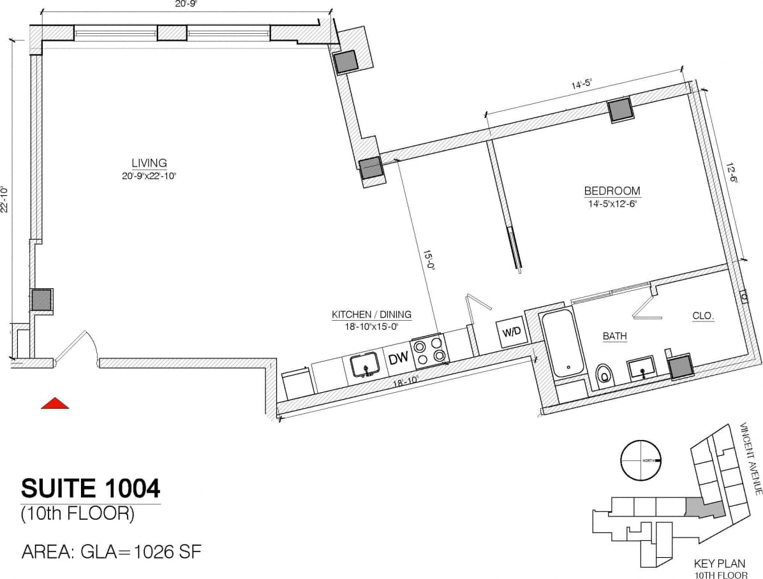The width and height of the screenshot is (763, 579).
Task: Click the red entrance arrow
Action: pyautogui.click(x=55, y=403)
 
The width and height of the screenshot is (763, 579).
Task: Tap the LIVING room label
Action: pyautogui.click(x=149, y=163)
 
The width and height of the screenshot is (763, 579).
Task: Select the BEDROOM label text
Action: pyautogui.click(x=612, y=191)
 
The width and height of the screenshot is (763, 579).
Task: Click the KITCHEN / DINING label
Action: pyautogui.click(x=371, y=314)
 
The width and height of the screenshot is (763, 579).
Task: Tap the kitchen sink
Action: pyautogui.click(x=366, y=367)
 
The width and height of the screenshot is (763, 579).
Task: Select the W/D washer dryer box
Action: pyautogui.click(x=512, y=332)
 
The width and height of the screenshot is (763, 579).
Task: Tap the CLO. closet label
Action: pyautogui.click(x=704, y=316)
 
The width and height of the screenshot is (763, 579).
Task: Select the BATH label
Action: pyautogui.click(x=615, y=335)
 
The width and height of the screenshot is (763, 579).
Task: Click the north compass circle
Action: pyautogui.click(x=641, y=460)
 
